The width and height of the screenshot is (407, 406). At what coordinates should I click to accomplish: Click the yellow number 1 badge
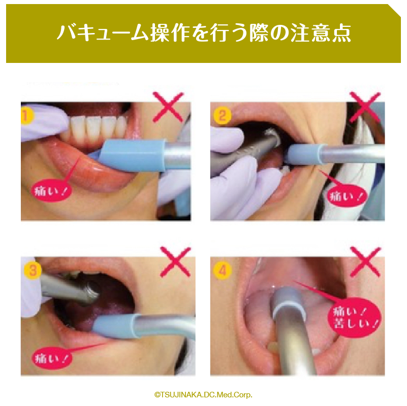[x=26, y=116]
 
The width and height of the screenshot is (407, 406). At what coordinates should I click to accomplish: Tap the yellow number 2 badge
[x=223, y=116]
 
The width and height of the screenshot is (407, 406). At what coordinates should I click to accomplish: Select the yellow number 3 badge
[x=33, y=270]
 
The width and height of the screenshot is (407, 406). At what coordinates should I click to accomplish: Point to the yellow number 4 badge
[x=223, y=270]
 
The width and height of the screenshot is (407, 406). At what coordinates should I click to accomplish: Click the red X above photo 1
[x=168, y=107]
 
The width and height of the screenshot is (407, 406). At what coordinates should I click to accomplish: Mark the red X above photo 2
[x=365, y=107]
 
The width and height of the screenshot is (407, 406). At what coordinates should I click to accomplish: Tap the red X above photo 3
[x=175, y=261]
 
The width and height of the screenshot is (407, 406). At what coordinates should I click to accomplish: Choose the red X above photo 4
[x=365, y=261]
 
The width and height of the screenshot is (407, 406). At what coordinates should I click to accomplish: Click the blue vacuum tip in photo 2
[x=304, y=155]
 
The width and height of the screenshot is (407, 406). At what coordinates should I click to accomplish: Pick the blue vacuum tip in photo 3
[x=117, y=326]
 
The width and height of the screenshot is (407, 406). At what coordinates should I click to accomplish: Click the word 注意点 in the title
[x=321, y=33]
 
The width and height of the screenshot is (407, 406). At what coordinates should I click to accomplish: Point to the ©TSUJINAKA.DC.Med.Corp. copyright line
[x=203, y=395]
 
